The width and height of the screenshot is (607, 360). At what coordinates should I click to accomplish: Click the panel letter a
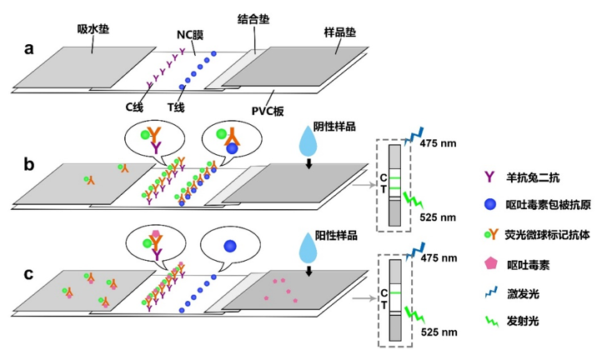(28, 48)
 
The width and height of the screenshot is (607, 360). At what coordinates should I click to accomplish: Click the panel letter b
(28, 163)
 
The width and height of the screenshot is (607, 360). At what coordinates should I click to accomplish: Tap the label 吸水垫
(98, 30)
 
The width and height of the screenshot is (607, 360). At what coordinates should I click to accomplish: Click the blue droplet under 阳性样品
(310, 252)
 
